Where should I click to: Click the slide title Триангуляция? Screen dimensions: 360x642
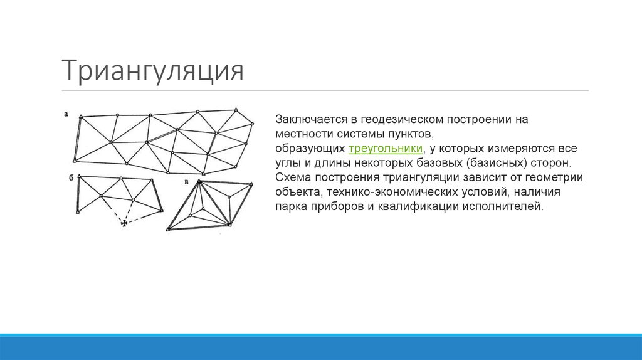(152, 70)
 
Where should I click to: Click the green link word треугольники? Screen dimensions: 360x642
(385, 148)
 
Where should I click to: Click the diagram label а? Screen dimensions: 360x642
(66, 114)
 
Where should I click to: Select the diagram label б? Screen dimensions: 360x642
(71, 178)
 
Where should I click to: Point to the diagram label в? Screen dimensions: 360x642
(187, 182)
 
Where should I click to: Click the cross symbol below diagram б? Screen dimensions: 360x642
(124, 222)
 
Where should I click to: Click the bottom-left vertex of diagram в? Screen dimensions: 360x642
(168, 230)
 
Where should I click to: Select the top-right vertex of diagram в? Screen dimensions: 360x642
(251, 183)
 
